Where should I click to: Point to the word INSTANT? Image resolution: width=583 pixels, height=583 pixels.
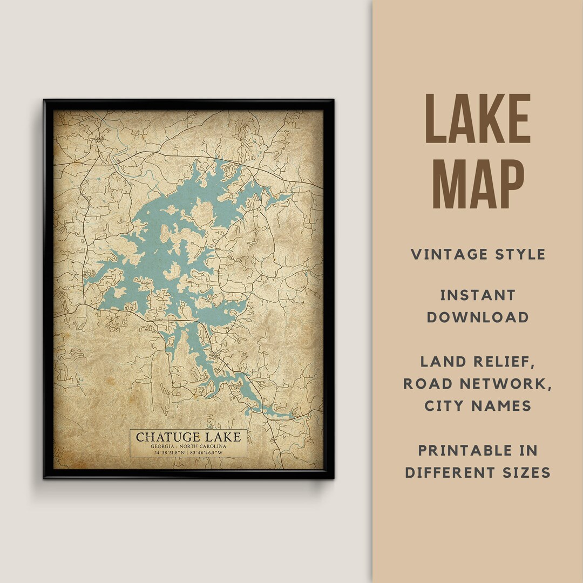[478, 295]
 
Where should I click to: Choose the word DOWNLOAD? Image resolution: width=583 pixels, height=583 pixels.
[478, 317]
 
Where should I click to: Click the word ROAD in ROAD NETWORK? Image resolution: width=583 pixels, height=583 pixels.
[426, 384]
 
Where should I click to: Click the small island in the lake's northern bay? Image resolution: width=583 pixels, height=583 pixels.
[203, 211]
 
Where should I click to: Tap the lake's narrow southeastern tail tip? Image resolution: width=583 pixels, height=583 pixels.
[291, 416]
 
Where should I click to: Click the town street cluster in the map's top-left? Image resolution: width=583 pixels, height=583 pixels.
[100, 141]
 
